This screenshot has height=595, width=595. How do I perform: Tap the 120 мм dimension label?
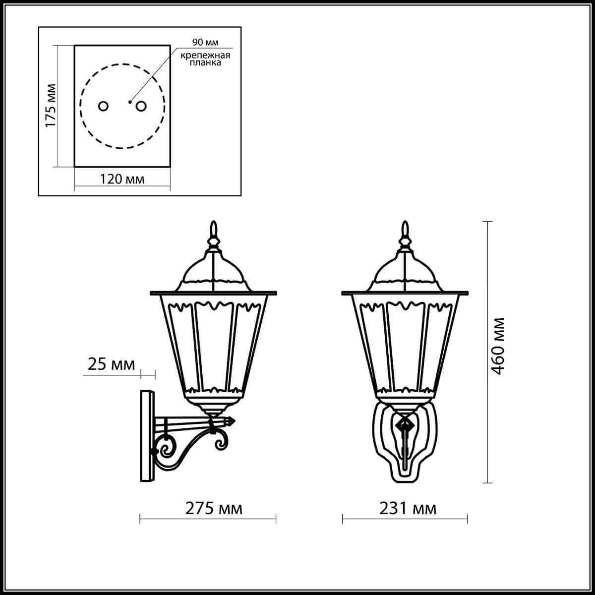(x=122, y=179)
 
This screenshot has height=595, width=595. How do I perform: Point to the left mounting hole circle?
(x=104, y=106)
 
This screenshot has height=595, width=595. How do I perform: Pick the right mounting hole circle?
(x=141, y=106)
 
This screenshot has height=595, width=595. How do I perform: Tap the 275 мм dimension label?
(x=214, y=509)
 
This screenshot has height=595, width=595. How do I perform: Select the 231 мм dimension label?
(x=408, y=509)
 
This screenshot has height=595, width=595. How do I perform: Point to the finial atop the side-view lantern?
(x=214, y=230)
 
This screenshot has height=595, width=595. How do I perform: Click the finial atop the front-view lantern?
(x=406, y=230)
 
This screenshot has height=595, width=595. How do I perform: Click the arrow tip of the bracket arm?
(x=232, y=421)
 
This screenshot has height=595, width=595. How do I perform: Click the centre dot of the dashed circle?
(x=129, y=102)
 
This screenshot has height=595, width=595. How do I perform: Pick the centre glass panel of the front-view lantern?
(x=406, y=345)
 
